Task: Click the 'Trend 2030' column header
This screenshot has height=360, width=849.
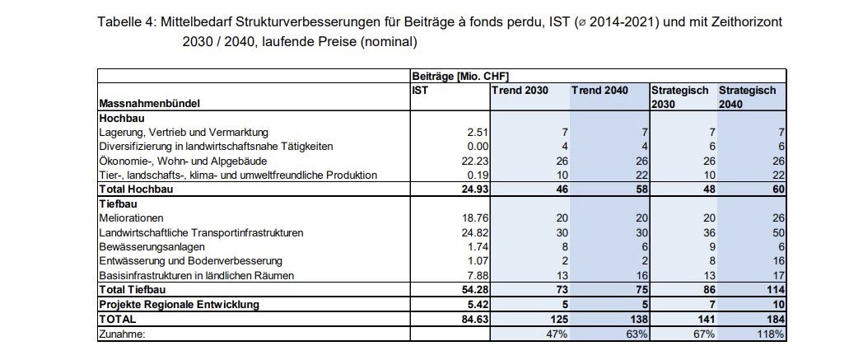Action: (x=520, y=89)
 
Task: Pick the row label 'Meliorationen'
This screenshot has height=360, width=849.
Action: (x=128, y=218)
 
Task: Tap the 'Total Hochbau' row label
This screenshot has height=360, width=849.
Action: (x=135, y=189)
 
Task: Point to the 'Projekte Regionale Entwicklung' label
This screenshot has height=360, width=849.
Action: (x=178, y=304)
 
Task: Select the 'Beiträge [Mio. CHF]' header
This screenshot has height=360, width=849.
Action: (x=465, y=76)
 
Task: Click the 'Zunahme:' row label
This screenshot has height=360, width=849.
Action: (x=123, y=334)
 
